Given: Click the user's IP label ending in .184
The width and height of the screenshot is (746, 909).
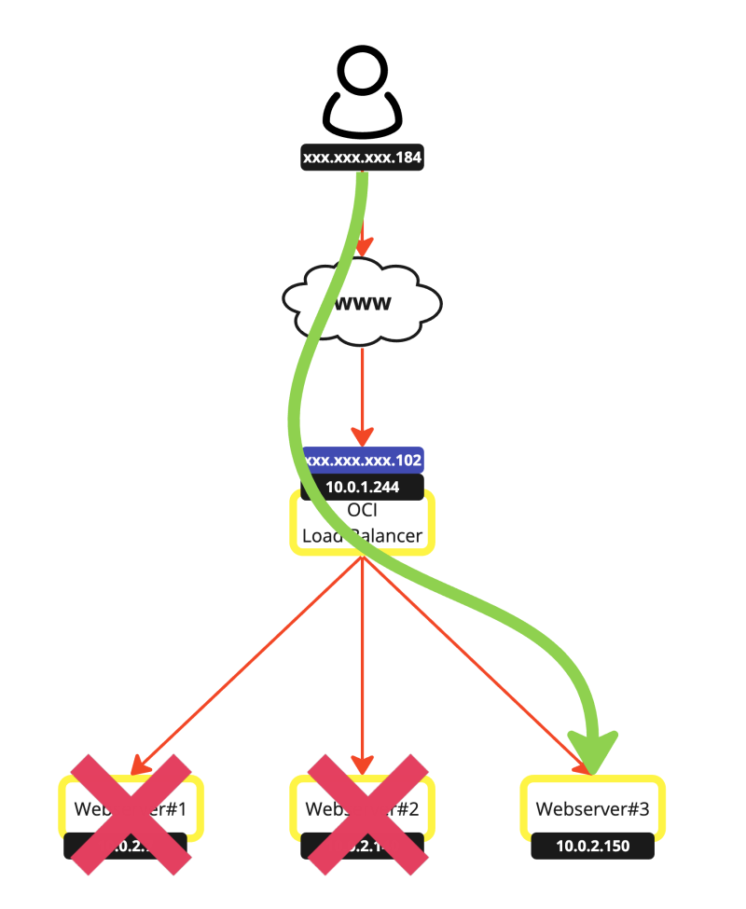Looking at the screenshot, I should (x=363, y=158).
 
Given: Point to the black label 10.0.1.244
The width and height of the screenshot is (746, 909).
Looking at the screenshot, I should (x=363, y=487).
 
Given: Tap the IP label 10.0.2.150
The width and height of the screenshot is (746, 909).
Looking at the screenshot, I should (x=593, y=847).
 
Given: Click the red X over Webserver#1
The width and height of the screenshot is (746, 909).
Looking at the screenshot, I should (x=131, y=814).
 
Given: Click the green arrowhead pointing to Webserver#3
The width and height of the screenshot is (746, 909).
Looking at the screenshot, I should (x=594, y=751).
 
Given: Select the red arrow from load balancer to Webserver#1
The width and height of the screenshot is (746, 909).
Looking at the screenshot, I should (x=247, y=665).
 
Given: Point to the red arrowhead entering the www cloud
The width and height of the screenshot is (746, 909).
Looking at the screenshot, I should (x=362, y=247).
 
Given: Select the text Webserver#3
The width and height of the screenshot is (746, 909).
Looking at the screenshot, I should (x=593, y=808).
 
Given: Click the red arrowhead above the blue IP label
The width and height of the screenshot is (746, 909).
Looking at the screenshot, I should (x=363, y=436).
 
